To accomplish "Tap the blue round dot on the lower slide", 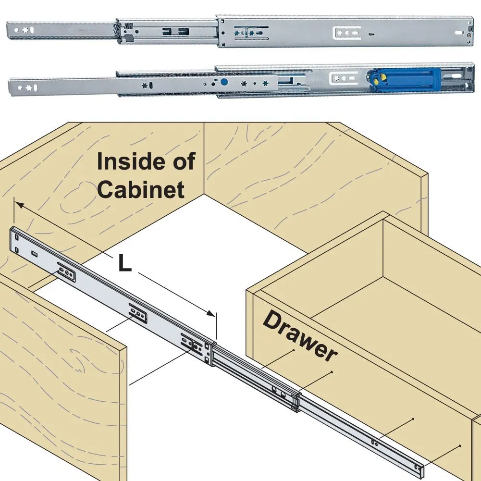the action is pos(224,82).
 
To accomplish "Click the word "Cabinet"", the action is pos(140,189).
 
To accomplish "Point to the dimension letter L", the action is pos(125,263).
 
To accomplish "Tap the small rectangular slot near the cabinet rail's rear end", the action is pos(34,252).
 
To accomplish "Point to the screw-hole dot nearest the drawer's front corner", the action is pos(460,445).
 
